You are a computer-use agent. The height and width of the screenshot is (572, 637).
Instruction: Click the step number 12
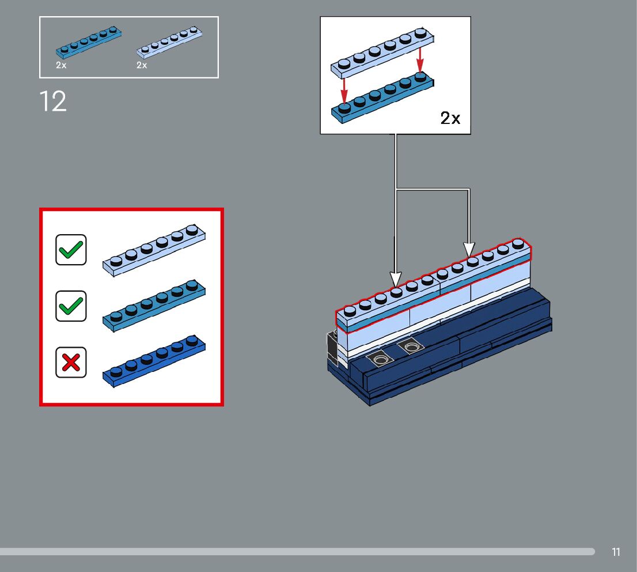(53, 101)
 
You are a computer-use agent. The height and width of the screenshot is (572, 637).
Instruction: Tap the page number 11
(616, 552)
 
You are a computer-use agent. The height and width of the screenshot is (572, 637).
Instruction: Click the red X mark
(71, 362)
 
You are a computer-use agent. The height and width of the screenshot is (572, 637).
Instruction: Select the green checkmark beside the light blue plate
(71, 250)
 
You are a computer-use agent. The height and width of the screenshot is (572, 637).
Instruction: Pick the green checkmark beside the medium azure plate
(71, 306)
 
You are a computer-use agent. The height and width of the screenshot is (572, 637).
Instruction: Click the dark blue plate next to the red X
(154, 361)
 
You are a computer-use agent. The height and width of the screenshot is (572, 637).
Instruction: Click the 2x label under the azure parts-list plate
(61, 65)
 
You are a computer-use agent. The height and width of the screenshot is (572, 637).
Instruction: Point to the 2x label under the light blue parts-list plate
(142, 65)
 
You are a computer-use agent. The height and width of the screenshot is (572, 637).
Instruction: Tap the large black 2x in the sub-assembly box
(450, 118)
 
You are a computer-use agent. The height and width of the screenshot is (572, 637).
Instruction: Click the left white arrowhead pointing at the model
(395, 279)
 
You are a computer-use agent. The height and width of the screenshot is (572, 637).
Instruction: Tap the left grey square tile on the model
(380, 359)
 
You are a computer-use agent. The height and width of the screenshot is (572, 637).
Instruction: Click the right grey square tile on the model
(411, 347)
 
